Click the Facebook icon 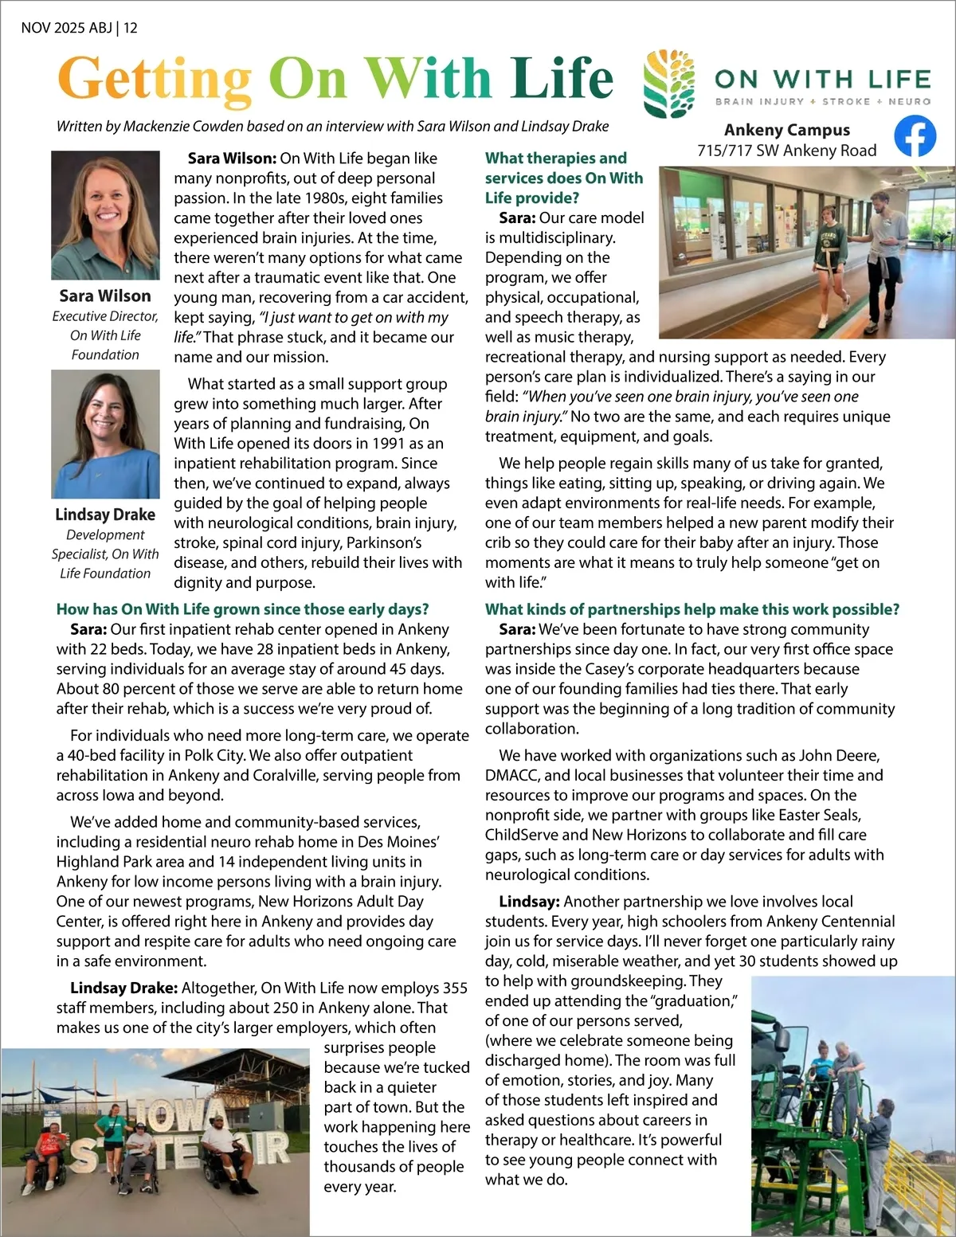[x=915, y=136]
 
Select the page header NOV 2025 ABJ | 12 [x=79, y=28]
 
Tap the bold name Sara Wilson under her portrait [x=105, y=296]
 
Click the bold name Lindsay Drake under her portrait [x=105, y=515]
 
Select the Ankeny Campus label [x=786, y=130]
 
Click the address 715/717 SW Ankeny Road [x=786, y=151]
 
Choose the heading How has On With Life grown [x=242, y=609]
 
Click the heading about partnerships [x=692, y=609]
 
